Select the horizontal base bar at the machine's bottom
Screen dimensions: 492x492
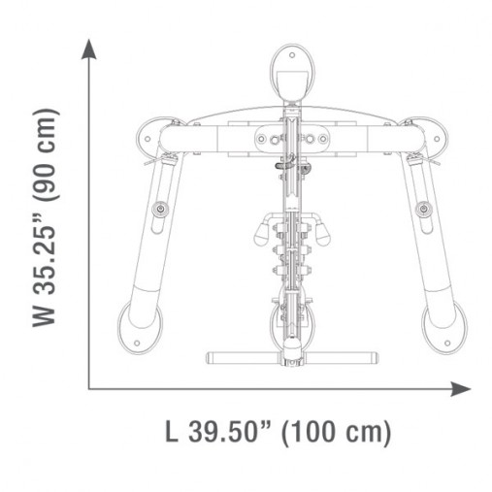coord(290,354)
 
